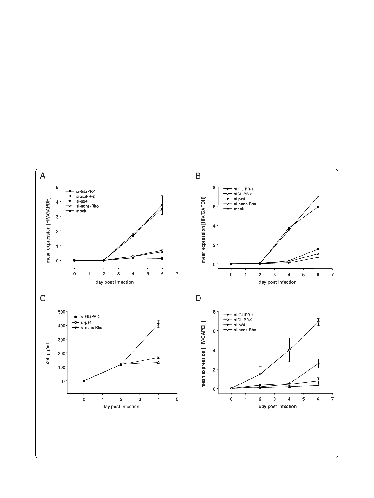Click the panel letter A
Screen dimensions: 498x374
tap(43, 177)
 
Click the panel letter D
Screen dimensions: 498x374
tap(198, 298)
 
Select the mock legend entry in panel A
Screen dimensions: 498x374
tap(81, 211)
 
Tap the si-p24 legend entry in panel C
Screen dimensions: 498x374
tap(85, 322)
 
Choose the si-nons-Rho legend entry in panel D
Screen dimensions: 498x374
tap(245, 330)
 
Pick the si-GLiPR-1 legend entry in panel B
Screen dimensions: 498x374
tap(243, 189)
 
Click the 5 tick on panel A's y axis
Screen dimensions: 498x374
tap(57, 188)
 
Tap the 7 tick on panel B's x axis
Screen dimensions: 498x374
tap(332, 275)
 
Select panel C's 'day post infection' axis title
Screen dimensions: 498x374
tap(121, 407)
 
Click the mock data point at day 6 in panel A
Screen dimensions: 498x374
tap(162, 205)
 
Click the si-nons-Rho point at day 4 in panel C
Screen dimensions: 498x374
tap(158, 324)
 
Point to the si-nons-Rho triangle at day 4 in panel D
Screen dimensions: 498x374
tap(289, 350)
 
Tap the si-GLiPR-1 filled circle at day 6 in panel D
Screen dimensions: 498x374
tap(318, 363)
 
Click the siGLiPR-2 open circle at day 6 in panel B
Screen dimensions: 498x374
tap(318, 254)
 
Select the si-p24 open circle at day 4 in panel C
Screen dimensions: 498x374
tap(158, 362)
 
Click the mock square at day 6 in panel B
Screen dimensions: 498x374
tap(318, 207)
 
